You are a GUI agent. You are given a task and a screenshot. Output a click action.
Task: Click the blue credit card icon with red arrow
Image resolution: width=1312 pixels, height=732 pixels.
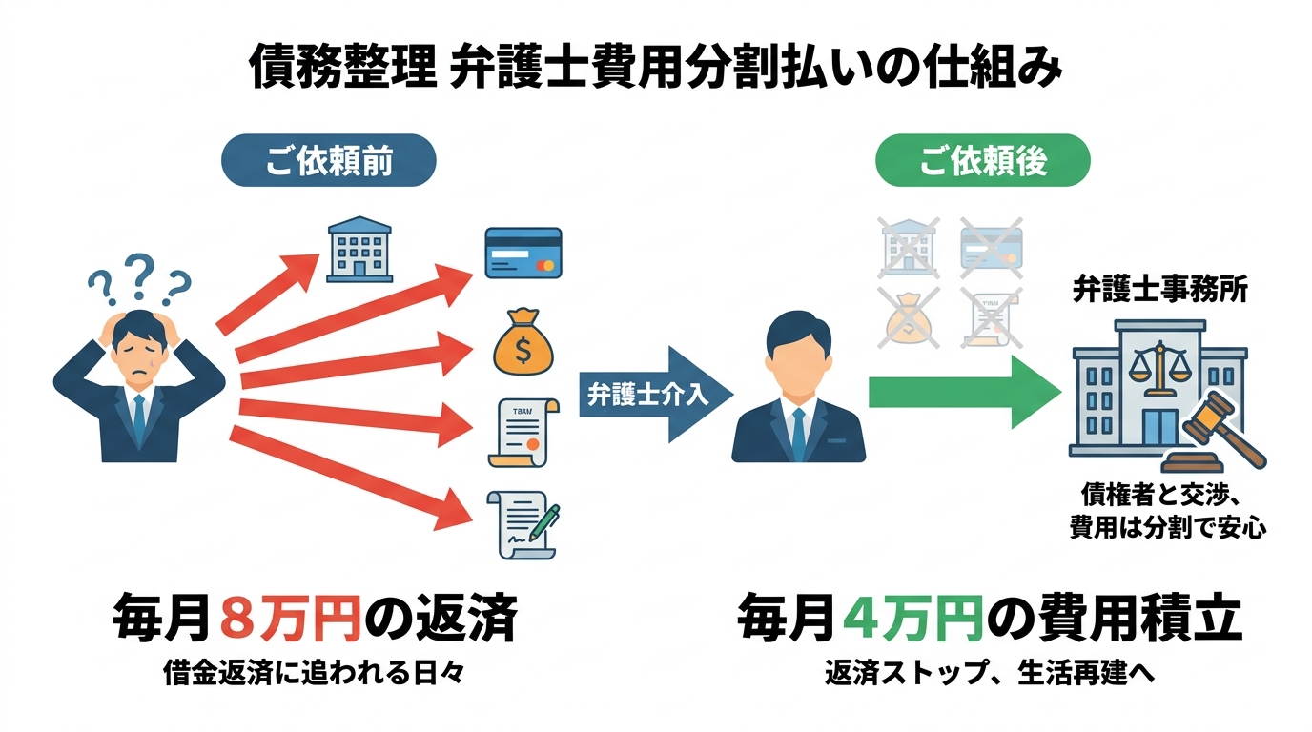pos(523,252)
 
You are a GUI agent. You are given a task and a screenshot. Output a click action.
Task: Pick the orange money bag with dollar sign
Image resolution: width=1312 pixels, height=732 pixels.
pos(523,343)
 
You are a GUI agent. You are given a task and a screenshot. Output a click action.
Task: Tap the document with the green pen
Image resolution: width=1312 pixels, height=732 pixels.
pos(523,524)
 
